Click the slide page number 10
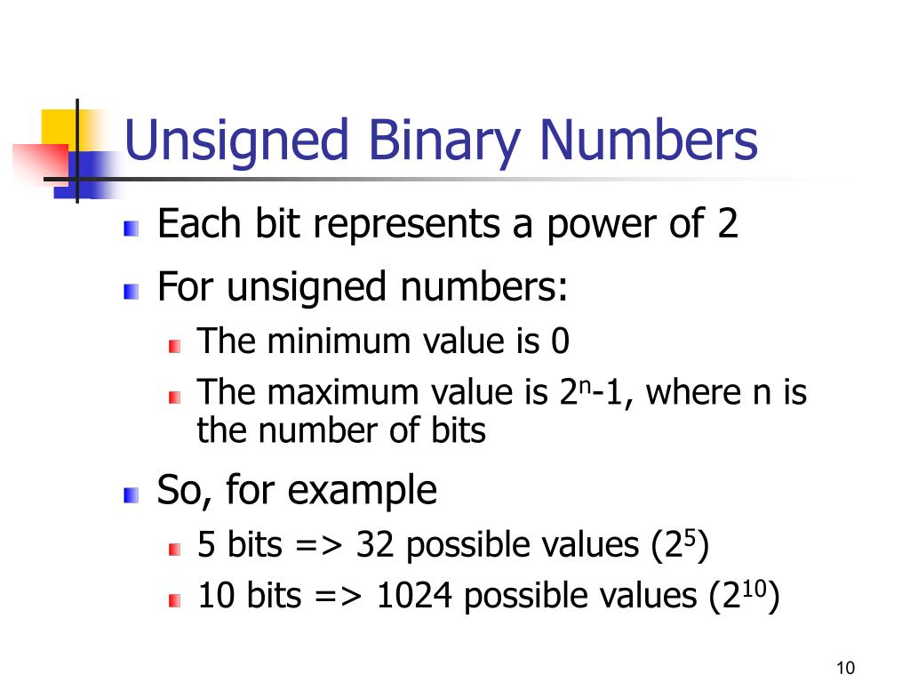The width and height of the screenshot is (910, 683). click(x=845, y=668)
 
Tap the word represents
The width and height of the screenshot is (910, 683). click(x=409, y=225)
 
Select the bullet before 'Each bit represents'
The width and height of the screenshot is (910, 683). click(x=132, y=229)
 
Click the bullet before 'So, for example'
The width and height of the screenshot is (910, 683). click(x=132, y=494)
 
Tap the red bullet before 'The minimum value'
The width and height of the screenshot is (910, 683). click(x=175, y=345)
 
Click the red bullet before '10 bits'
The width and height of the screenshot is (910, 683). click(x=175, y=600)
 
